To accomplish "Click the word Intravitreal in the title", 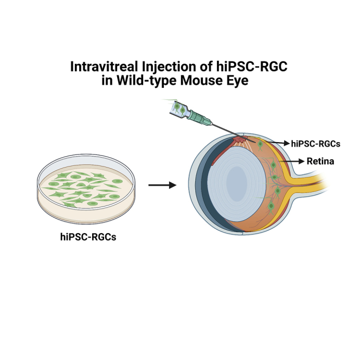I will [102, 67].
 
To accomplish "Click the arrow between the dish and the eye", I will [162, 185].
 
